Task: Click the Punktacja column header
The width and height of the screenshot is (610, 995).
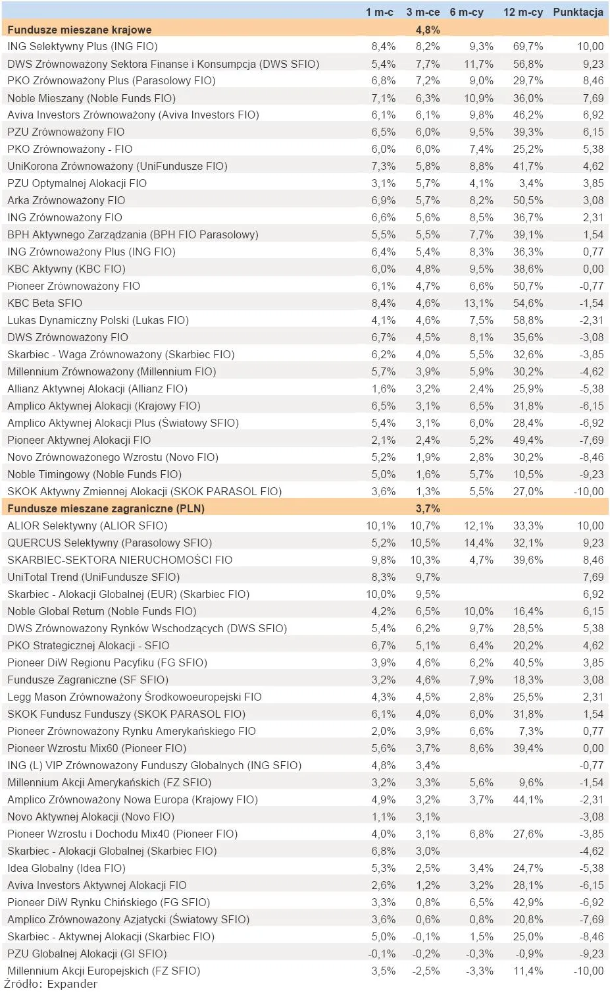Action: [578, 12]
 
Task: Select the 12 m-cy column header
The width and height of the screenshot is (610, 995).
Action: [523, 12]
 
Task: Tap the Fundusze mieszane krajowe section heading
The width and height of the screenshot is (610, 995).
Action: [80, 30]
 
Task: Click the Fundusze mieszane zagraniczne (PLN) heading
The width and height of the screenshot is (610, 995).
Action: [106, 508]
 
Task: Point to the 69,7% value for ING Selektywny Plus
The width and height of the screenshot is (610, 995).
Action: [528, 46]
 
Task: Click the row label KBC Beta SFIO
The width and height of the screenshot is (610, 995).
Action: [45, 303]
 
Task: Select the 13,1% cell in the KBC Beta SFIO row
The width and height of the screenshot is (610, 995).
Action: [478, 303]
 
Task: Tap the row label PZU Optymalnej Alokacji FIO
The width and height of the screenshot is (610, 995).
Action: [77, 183]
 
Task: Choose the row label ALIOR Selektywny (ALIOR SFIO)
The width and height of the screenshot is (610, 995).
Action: [87, 525]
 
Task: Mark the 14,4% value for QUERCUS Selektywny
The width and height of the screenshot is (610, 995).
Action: [478, 543]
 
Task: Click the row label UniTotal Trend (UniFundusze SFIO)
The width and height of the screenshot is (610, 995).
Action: [93, 577]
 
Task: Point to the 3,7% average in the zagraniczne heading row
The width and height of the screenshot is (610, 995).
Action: [428, 508]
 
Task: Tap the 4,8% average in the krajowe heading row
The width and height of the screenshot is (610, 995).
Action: [428, 30]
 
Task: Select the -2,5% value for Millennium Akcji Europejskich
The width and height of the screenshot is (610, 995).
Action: [426, 971]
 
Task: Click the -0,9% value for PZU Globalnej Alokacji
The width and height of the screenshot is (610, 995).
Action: [529, 954]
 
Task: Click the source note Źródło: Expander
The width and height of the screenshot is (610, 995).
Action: [51, 984]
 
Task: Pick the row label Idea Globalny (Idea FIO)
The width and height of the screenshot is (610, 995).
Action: [66, 868]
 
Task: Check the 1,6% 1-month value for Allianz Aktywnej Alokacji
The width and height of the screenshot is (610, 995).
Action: [383, 389]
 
